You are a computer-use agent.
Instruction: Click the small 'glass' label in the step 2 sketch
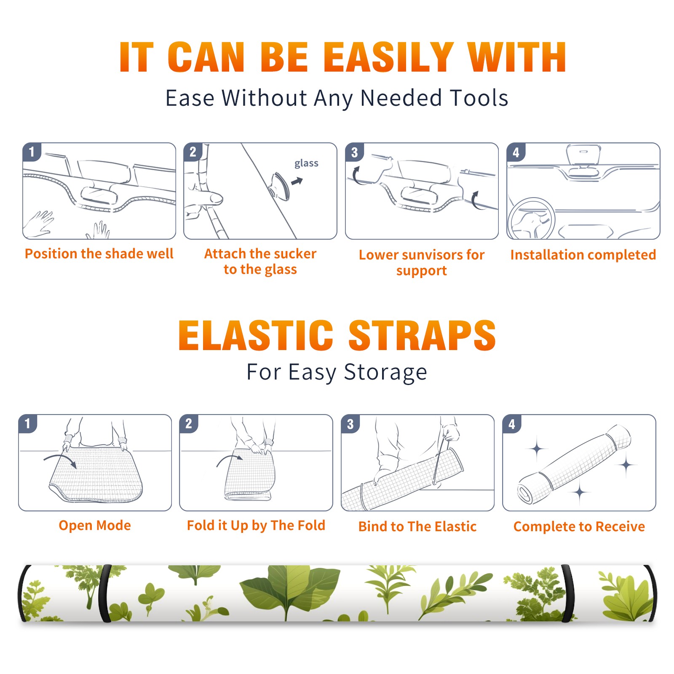(306, 163)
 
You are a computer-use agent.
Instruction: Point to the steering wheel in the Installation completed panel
(531, 219)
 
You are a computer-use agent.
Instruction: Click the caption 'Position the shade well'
(99, 254)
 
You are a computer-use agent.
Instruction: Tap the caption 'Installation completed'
(583, 254)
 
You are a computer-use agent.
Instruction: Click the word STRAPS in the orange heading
(422, 335)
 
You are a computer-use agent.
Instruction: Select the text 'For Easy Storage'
(337, 372)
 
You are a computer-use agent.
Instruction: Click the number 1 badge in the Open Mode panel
(28, 423)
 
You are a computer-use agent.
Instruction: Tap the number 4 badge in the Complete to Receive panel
(512, 424)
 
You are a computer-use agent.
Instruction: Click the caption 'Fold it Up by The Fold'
(256, 525)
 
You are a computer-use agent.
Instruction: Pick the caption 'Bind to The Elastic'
(417, 527)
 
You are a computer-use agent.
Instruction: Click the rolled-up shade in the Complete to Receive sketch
(574, 464)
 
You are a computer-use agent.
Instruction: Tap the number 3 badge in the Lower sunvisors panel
(354, 152)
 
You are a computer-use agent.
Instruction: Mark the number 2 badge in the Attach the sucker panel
(193, 152)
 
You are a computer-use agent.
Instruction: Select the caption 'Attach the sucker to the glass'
(260, 261)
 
